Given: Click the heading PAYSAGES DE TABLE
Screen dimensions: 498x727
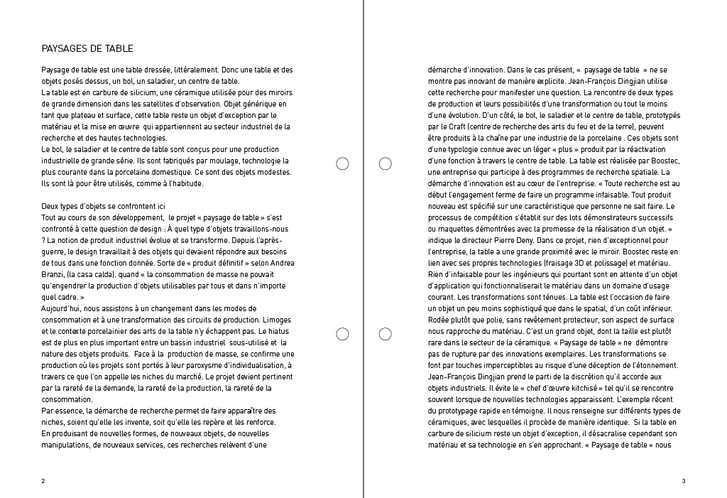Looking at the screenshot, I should [x=87, y=49].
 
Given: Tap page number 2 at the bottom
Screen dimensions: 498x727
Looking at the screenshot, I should [x=43, y=481].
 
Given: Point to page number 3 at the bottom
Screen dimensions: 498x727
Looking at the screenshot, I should [x=683, y=481].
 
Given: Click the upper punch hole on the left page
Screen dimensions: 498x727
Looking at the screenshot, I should [x=342, y=164].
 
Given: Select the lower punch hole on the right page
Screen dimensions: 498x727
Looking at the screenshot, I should [x=386, y=334].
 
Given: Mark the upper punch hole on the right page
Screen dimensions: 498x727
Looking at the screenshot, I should [x=386, y=164].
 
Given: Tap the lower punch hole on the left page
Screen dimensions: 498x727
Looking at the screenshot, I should [x=342, y=334].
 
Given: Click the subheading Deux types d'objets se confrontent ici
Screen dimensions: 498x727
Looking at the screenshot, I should [x=103, y=206].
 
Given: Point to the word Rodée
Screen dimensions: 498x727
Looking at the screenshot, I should [x=440, y=320].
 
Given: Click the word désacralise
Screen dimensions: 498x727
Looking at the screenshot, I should [x=596, y=433].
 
